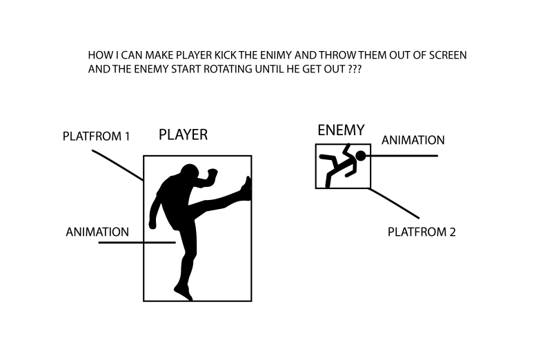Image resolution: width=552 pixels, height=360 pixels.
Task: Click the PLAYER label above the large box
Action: (183, 134)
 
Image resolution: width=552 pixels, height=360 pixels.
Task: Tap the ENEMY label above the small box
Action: (341, 130)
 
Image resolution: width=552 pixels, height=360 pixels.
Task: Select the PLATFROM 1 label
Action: (96, 136)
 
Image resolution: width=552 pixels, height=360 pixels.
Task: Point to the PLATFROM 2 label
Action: (422, 232)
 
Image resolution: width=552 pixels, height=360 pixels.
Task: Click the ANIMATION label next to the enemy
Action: (413, 140)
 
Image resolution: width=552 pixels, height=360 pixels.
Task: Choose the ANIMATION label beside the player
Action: (97, 232)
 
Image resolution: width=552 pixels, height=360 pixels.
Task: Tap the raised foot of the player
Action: (246, 189)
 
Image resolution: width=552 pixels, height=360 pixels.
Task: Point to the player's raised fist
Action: (212, 174)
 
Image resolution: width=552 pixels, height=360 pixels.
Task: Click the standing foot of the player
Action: (184, 293)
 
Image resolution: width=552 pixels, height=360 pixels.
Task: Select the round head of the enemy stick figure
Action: (360, 156)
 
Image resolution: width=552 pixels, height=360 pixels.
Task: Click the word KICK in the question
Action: (226, 55)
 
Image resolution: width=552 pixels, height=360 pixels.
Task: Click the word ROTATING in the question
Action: (228, 69)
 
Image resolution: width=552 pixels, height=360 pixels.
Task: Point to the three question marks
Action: (355, 69)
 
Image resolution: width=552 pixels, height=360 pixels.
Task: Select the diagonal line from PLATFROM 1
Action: (117, 166)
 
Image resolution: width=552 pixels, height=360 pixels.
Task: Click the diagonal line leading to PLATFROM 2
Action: (393, 203)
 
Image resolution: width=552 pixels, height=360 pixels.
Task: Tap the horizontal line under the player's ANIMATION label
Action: (137, 243)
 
